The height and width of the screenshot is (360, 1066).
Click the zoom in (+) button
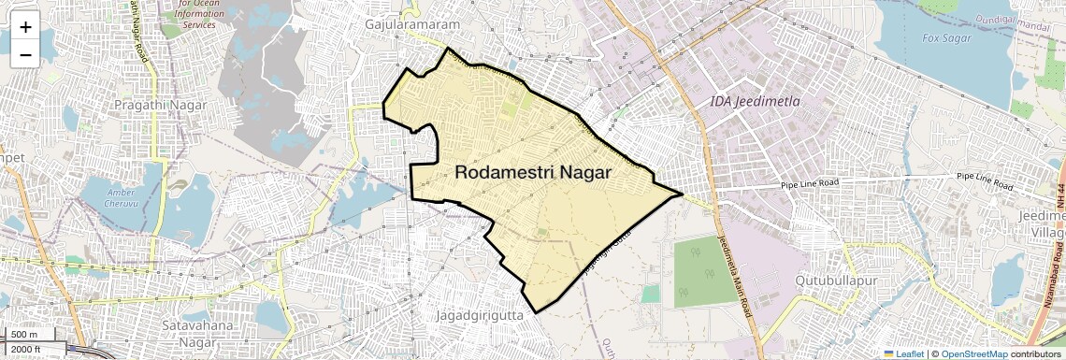(25, 26)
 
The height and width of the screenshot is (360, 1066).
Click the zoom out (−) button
(25, 54)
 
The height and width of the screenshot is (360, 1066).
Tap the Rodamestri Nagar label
(533, 173)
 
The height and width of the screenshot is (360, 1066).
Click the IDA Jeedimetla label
(755, 101)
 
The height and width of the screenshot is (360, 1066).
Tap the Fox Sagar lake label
(946, 38)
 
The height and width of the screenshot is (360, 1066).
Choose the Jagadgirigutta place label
(483, 316)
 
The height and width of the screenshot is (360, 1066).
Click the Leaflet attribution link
(903, 353)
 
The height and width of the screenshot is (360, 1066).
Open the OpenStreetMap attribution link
(973, 353)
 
